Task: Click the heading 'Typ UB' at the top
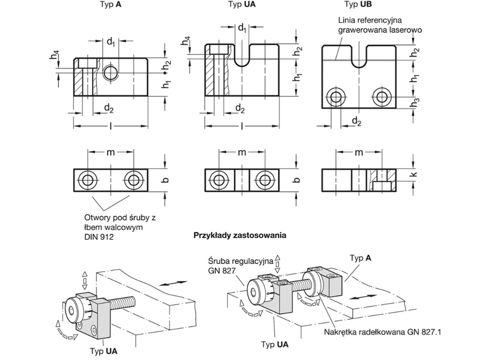click(x=358, y=5)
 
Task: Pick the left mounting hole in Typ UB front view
click(x=335, y=96)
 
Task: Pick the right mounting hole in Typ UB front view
click(x=383, y=96)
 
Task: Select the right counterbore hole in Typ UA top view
click(x=264, y=180)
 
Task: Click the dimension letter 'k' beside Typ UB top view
click(x=419, y=175)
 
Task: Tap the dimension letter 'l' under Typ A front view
click(x=110, y=127)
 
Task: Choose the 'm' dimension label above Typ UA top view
click(x=241, y=152)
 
